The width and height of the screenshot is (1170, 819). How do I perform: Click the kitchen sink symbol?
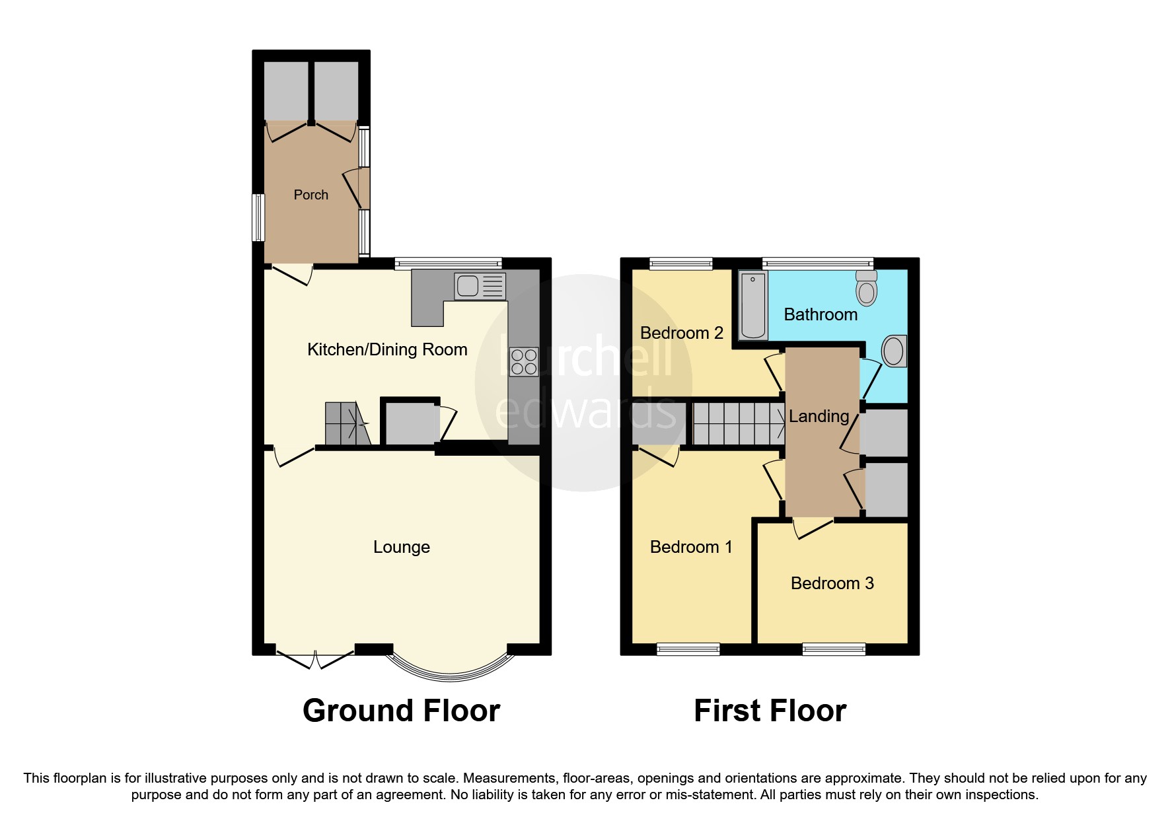pyautogui.click(x=480, y=286)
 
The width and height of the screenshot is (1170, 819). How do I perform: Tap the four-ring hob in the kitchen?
pyautogui.click(x=524, y=362)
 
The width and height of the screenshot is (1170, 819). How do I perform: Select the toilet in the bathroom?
pyautogui.click(x=866, y=287)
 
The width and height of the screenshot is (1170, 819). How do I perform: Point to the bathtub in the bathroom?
pyautogui.click(x=753, y=306)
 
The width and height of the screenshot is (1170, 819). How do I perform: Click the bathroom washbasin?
pyautogui.click(x=893, y=351)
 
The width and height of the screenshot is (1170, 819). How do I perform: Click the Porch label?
pyautogui.click(x=311, y=195)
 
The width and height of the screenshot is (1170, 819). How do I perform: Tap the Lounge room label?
pyautogui.click(x=401, y=547)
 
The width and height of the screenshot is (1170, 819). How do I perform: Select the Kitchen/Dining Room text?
pyautogui.click(x=387, y=349)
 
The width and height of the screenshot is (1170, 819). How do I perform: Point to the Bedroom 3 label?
pyautogui.click(x=832, y=583)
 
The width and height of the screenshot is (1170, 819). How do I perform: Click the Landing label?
pyautogui.click(x=819, y=416)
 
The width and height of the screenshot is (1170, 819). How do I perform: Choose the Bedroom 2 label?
pyautogui.click(x=681, y=333)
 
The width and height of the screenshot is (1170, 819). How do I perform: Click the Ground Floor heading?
pyautogui.click(x=401, y=711)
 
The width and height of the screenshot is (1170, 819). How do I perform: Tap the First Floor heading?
pyautogui.click(x=770, y=711)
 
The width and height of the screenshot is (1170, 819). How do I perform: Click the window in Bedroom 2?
pyautogui.click(x=681, y=264)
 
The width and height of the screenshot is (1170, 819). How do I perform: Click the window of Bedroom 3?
pyautogui.click(x=834, y=649)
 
